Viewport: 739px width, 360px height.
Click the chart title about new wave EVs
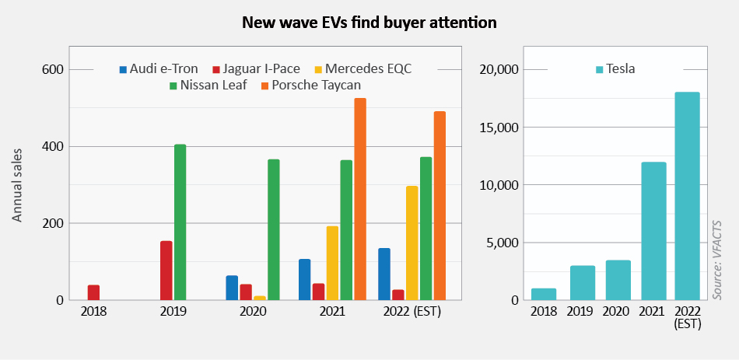369,22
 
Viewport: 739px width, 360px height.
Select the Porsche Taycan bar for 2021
360,199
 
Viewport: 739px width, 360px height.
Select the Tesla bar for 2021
653,231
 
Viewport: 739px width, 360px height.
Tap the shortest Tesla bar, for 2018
544,294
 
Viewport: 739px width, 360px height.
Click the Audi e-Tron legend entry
159,68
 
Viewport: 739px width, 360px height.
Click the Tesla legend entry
615,68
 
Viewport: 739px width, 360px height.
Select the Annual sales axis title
17,186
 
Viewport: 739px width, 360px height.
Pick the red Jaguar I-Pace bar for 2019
166,271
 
